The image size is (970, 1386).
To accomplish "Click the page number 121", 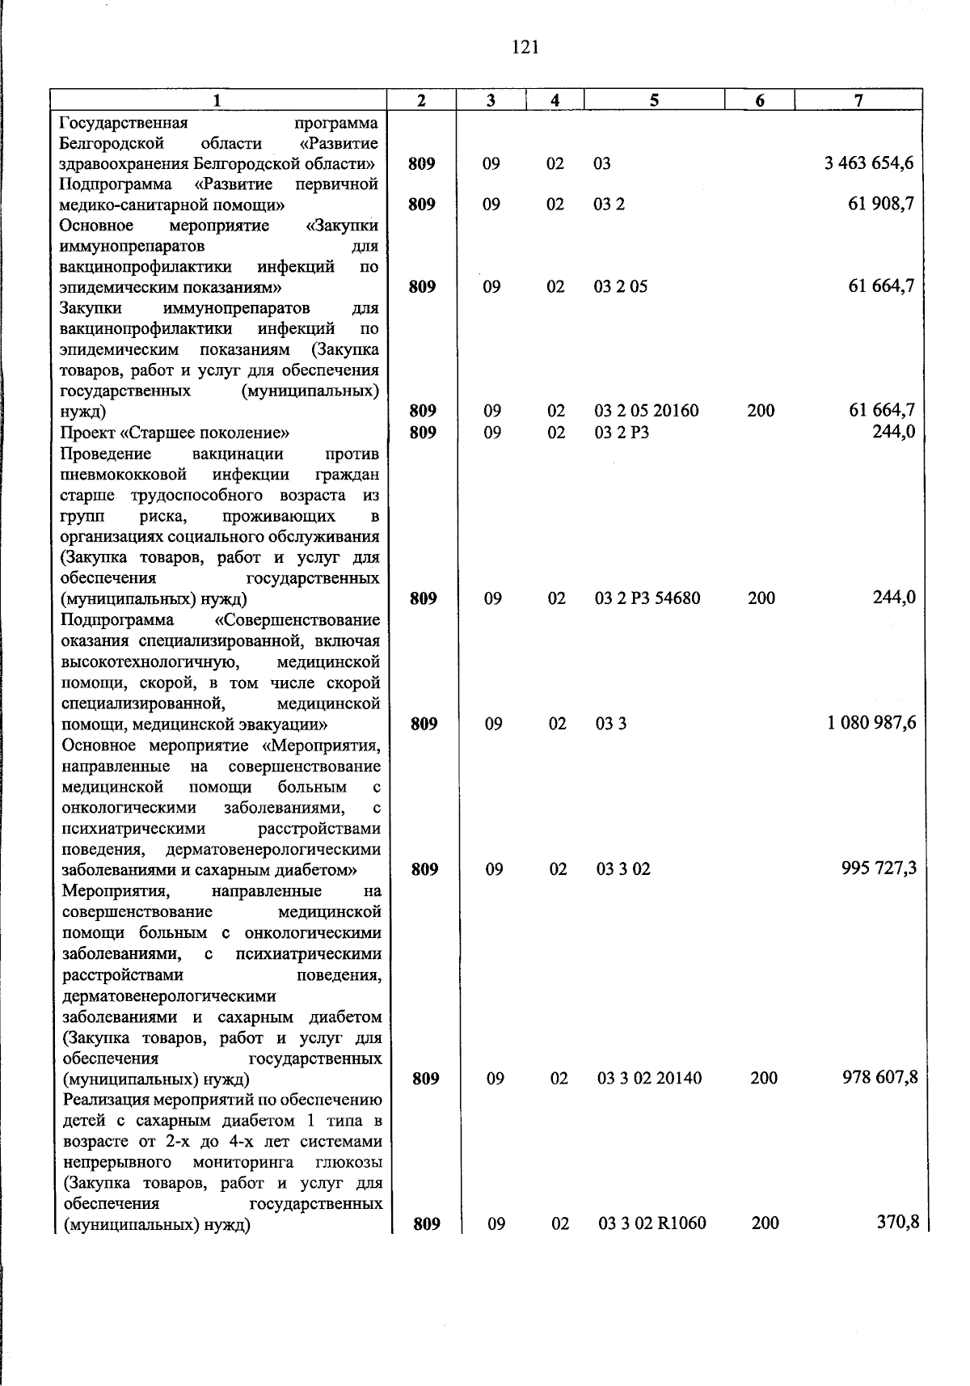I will [525, 47].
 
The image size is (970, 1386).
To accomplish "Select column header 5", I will [653, 99].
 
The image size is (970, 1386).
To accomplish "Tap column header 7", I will [858, 99].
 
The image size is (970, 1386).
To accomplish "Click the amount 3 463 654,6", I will [869, 163].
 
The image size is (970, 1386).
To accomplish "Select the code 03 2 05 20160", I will [647, 411].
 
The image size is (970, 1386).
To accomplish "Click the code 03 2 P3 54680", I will [647, 598].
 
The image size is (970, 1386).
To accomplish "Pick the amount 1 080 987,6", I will [871, 723].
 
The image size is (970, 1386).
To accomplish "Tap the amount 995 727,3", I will [879, 868].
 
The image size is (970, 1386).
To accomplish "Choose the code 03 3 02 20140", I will [650, 1078].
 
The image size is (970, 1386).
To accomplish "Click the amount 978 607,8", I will [879, 1078].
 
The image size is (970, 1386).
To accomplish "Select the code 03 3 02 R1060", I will [652, 1223].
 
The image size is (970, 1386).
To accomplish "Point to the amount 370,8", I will [898, 1223].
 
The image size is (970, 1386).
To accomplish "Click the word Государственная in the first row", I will [124, 123].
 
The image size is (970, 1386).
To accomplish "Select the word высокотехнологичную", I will [149, 662].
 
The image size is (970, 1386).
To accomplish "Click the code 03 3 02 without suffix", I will [623, 869].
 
